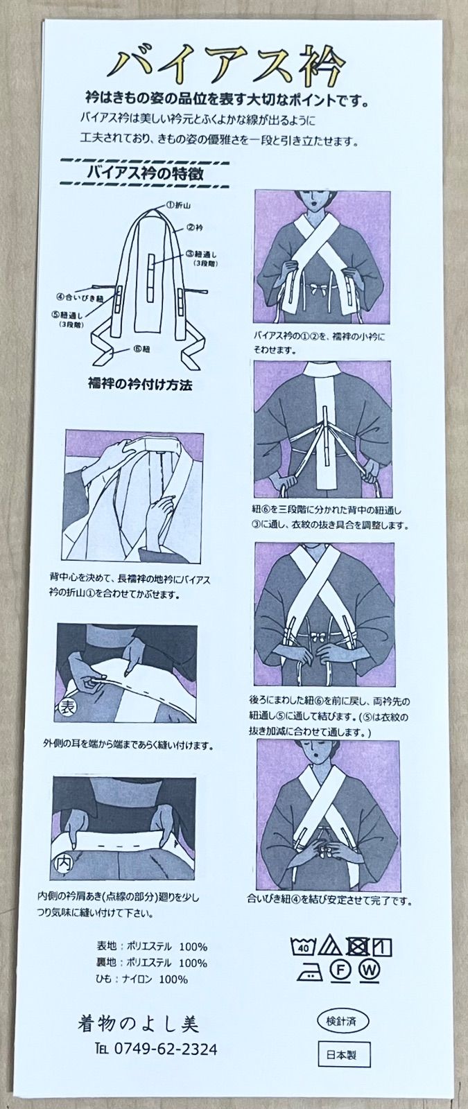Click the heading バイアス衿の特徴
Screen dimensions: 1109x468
tap(144, 173)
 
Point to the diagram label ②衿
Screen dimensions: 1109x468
tap(195, 227)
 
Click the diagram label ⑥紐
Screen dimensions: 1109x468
tap(141, 349)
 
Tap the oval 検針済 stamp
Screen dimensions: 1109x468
tap(343, 1021)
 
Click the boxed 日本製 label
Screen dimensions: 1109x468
tap(344, 1056)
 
